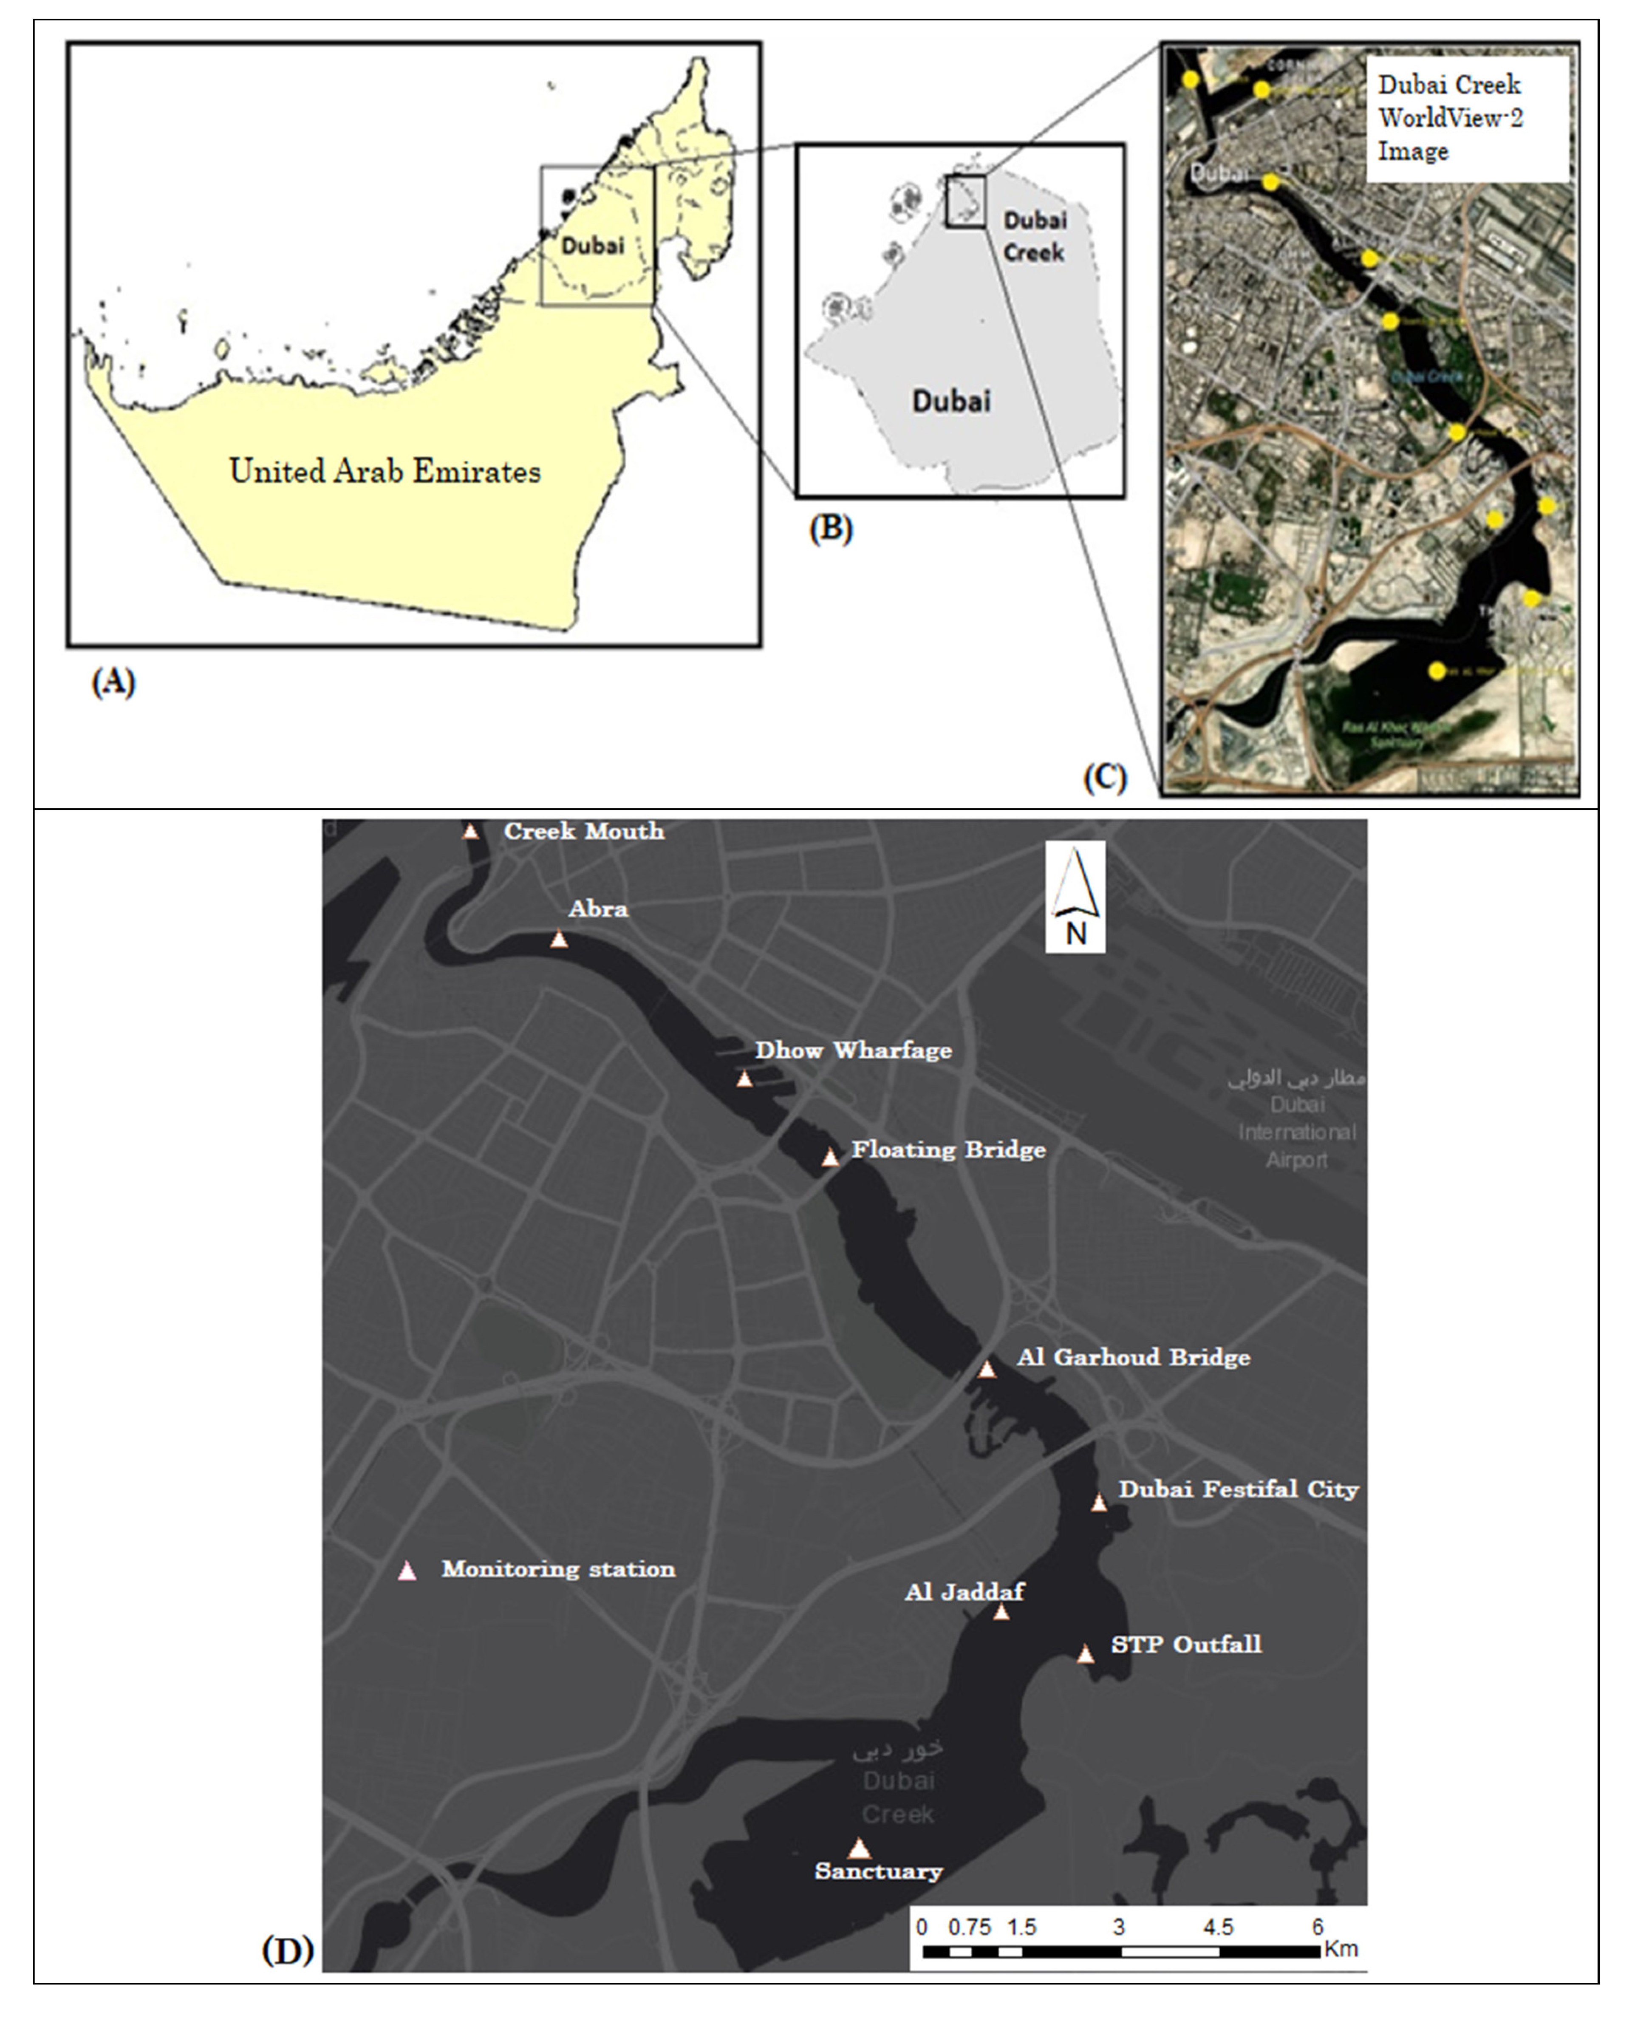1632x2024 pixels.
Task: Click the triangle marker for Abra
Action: coord(559,939)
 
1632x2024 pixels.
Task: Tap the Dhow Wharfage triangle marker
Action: coord(744,1079)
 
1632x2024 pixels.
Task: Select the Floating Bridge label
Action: coord(948,1150)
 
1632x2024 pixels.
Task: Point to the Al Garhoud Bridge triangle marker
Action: coord(986,1369)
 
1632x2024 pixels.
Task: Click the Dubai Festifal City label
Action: coord(1238,1489)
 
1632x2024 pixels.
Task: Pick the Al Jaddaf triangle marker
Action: coord(1001,1612)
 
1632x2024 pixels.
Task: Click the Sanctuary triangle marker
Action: coord(859,1849)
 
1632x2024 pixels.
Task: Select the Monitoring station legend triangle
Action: coord(407,1571)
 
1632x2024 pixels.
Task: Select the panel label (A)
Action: coord(113,682)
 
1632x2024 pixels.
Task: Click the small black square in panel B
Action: coord(965,200)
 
